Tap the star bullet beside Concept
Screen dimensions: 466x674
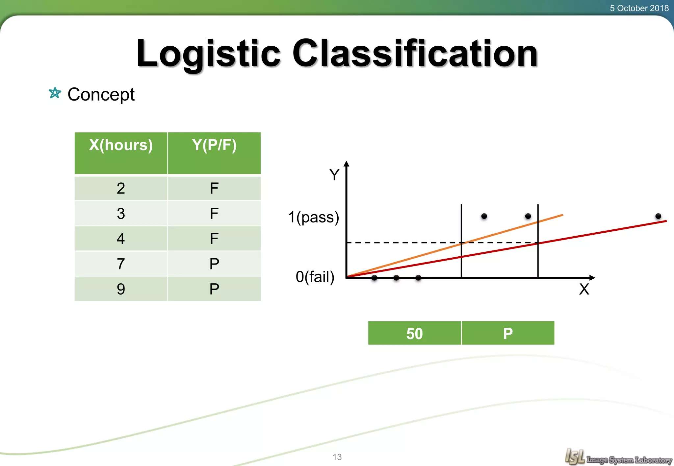(x=55, y=93)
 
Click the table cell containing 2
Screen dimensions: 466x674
(x=121, y=188)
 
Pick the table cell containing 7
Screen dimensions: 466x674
(x=121, y=264)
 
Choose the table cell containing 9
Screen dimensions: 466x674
(x=121, y=289)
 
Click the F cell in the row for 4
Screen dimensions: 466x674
(x=214, y=239)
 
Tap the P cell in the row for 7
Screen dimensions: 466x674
(x=214, y=264)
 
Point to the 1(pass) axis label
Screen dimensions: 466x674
(x=313, y=217)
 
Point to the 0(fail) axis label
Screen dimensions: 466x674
(x=315, y=277)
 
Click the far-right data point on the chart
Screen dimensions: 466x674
(x=658, y=216)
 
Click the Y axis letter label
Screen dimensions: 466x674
(x=334, y=175)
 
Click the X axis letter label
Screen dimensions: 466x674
(x=584, y=290)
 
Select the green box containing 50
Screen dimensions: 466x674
(x=414, y=333)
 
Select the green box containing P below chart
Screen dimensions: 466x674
(x=508, y=333)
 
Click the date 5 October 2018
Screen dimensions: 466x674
(x=639, y=8)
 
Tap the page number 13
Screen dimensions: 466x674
(x=337, y=457)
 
